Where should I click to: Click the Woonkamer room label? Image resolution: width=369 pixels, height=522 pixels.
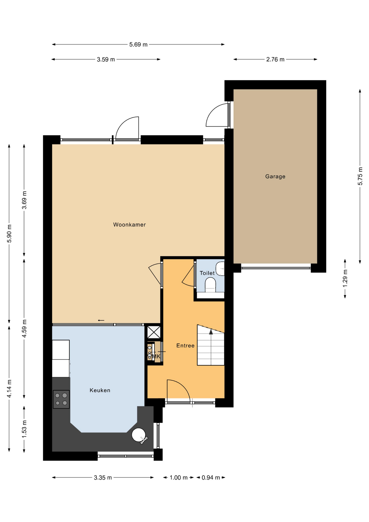(129, 225)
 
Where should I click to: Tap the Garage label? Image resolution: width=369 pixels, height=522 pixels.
(275, 176)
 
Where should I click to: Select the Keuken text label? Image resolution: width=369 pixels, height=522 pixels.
(100, 390)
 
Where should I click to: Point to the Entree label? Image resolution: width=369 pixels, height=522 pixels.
(185, 346)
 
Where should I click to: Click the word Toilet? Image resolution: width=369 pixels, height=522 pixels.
(207, 273)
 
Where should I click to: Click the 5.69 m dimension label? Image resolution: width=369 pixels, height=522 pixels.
(138, 45)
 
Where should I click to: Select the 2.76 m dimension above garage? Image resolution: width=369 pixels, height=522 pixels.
(275, 60)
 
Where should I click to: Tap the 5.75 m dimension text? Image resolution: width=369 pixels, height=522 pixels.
(360, 176)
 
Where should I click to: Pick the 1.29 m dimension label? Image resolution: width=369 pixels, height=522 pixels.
(345, 278)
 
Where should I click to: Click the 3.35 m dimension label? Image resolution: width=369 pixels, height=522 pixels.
(103, 478)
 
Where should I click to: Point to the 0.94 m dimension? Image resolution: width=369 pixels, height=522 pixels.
(211, 478)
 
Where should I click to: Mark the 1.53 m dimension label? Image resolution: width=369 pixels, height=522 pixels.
(24, 429)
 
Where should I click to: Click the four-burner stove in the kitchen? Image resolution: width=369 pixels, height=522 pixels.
(61, 399)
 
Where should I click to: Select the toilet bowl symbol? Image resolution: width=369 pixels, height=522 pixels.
(210, 286)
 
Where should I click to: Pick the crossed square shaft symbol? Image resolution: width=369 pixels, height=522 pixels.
(154, 332)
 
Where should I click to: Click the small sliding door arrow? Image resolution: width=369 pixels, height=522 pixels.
(101, 321)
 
